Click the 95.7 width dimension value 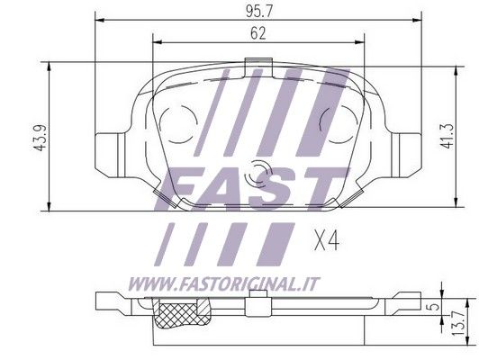pos(258,12)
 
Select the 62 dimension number pos(258,33)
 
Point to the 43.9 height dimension pos(41,137)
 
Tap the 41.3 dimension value pos(447,136)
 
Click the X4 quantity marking pos(327,240)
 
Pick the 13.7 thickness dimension pos(459,323)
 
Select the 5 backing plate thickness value pos(435,306)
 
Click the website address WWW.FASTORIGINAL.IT pos(223,284)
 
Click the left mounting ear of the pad pos(110,155)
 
